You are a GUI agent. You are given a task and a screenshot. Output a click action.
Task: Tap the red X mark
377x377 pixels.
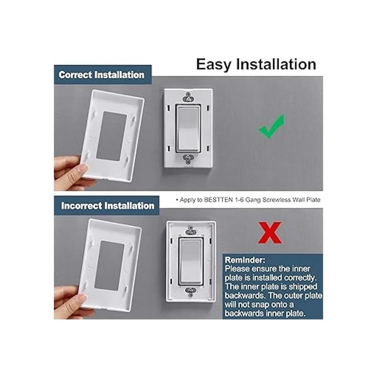[270, 232]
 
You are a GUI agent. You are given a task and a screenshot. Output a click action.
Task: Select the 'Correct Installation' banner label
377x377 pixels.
[101, 75]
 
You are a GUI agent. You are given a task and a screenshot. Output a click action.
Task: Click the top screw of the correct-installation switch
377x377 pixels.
[188, 99]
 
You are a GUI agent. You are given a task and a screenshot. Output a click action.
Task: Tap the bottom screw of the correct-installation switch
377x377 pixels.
[188, 157]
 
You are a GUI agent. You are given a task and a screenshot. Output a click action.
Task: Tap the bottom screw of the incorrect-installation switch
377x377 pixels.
[191, 290]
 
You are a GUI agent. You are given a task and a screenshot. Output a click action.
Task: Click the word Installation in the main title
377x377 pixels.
[276, 64]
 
